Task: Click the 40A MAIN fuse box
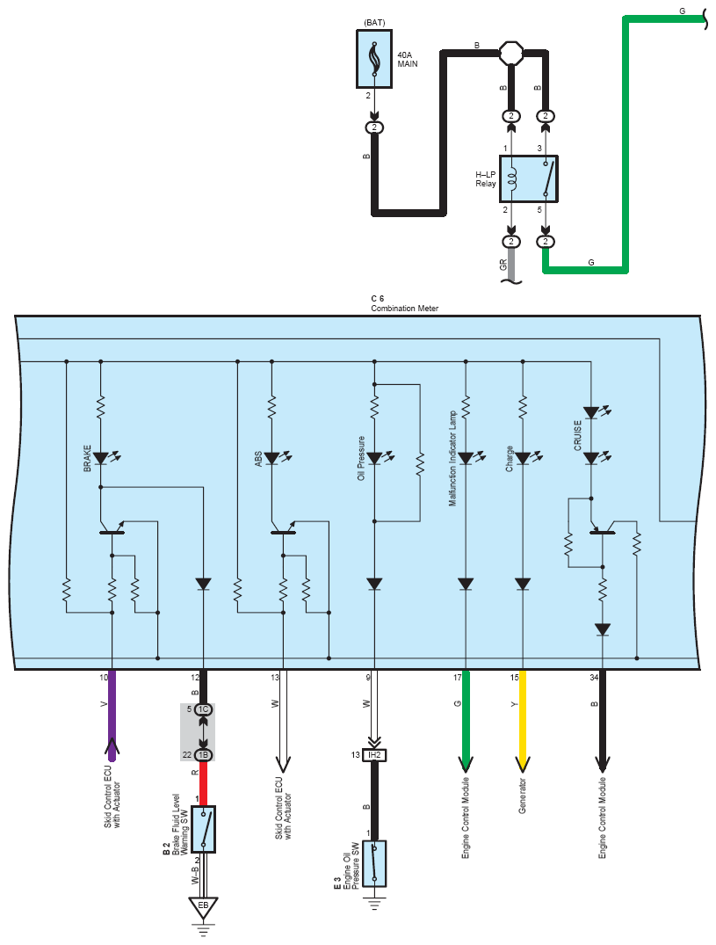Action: click(x=374, y=59)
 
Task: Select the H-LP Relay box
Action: click(x=529, y=179)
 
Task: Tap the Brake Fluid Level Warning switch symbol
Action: click(x=204, y=829)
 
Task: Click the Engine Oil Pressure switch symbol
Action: click(x=374, y=863)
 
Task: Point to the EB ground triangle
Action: click(x=203, y=907)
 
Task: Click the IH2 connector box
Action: click(x=374, y=754)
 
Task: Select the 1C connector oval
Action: click(x=204, y=709)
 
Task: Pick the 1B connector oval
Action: click(x=204, y=754)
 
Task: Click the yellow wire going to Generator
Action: click(x=523, y=720)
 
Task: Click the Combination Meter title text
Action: click(x=405, y=308)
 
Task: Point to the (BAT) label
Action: click(x=374, y=23)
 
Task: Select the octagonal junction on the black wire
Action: click(x=511, y=53)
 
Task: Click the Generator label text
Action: click(x=522, y=796)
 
